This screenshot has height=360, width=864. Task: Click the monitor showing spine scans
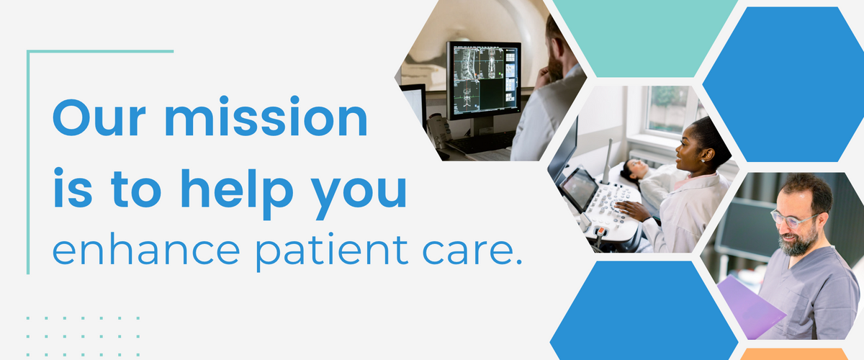(483, 79)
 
